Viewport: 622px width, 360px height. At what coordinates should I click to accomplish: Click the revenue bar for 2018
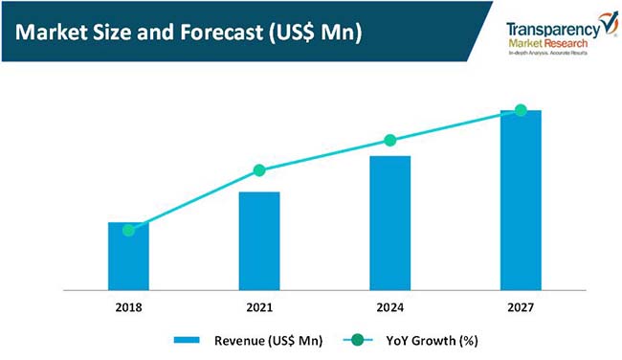128,257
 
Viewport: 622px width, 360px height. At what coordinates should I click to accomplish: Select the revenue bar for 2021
259,241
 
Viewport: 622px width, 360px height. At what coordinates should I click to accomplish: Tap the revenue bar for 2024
389,223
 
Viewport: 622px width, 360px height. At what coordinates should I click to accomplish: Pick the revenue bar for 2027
521,200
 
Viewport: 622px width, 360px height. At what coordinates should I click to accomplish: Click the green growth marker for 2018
128,230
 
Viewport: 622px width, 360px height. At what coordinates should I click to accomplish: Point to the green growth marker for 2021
259,170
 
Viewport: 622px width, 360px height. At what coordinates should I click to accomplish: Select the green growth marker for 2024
389,140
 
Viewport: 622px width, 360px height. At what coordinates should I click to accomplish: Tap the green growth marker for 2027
521,110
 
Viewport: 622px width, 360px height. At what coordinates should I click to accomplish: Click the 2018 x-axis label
128,307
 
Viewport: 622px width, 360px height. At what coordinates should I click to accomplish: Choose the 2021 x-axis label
259,307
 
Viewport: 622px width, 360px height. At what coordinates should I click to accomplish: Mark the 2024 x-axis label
389,307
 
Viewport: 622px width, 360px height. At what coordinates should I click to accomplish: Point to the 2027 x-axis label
521,307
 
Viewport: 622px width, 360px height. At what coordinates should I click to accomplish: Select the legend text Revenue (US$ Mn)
268,340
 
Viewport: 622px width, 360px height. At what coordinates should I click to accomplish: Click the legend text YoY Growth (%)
432,340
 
